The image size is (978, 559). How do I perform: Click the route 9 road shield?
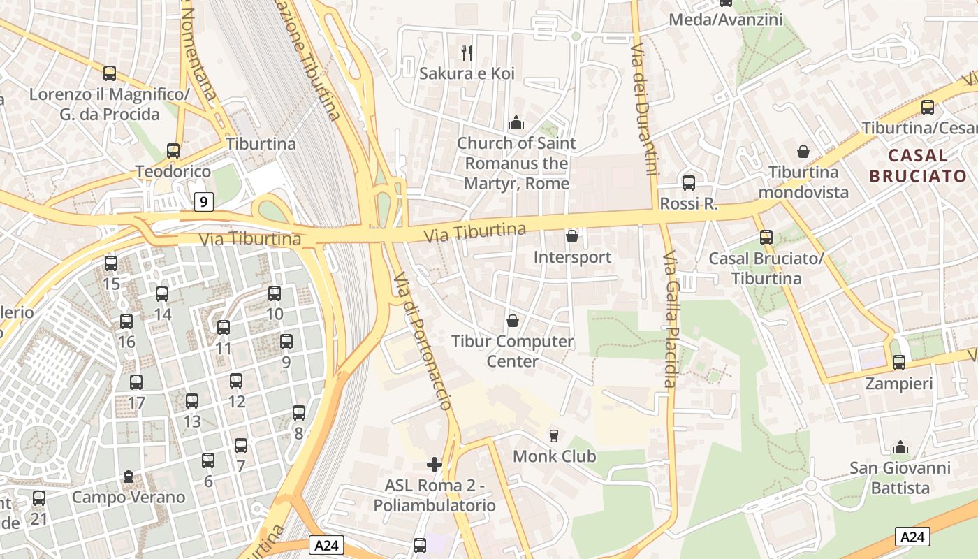click(203, 203)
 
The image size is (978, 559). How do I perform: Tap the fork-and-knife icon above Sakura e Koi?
click(467, 52)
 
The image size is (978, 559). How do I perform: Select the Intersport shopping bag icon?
click(572, 236)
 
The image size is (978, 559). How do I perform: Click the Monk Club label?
click(555, 456)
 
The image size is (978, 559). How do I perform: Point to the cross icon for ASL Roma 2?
click(435, 464)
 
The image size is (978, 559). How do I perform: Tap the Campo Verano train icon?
click(129, 477)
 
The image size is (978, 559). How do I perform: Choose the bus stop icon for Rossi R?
click(689, 183)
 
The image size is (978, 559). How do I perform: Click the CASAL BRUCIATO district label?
click(918, 165)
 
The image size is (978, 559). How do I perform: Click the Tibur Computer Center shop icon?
click(513, 321)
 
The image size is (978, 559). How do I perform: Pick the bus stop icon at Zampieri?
click(899, 363)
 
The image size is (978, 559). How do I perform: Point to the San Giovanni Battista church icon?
click(900, 447)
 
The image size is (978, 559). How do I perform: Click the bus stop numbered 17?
click(136, 382)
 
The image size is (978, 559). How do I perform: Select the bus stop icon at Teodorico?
click(173, 150)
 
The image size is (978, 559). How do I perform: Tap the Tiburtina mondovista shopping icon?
click(803, 151)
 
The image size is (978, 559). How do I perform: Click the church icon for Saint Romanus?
click(516, 122)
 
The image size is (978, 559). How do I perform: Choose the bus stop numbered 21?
click(39, 498)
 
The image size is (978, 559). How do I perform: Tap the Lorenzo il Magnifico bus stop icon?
click(110, 73)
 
